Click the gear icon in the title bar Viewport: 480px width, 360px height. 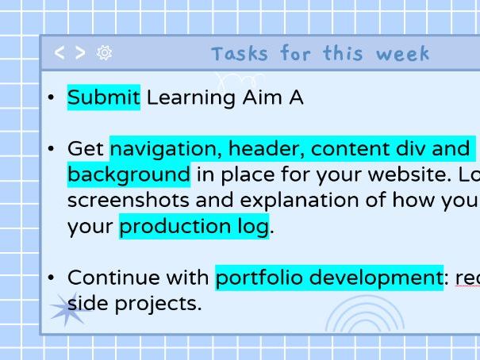[104, 53]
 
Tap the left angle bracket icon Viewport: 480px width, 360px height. [60, 53]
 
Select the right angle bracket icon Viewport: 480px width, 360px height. [80, 53]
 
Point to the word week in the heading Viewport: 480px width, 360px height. [402, 54]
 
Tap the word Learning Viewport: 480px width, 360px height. [191, 98]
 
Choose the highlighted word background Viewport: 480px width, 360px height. [129, 174]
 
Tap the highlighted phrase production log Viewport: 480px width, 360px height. [194, 226]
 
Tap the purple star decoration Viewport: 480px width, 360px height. [68, 308]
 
